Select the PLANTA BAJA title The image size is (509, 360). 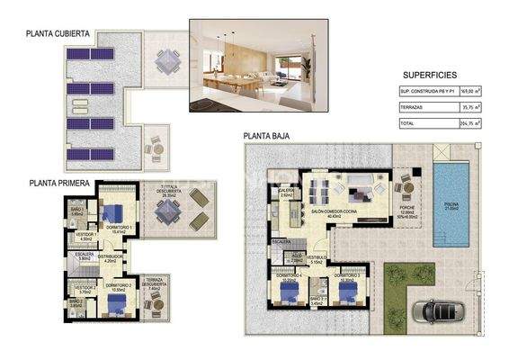(x=270, y=138)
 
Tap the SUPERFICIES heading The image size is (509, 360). (x=431, y=75)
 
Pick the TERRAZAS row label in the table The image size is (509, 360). (x=414, y=106)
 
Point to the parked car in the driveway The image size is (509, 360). (x=438, y=310)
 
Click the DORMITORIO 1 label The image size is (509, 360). (x=120, y=228)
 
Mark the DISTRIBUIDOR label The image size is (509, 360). (x=111, y=256)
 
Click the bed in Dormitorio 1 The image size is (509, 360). (x=114, y=213)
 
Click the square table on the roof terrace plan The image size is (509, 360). (x=167, y=62)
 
